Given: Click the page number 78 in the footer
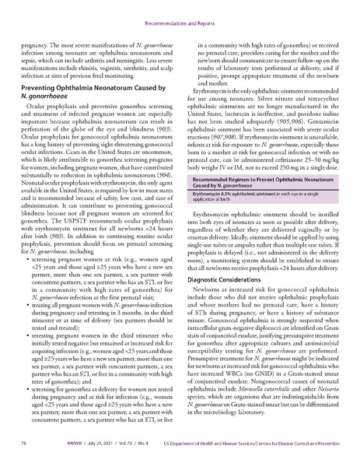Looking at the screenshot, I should [x=23, y=452].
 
